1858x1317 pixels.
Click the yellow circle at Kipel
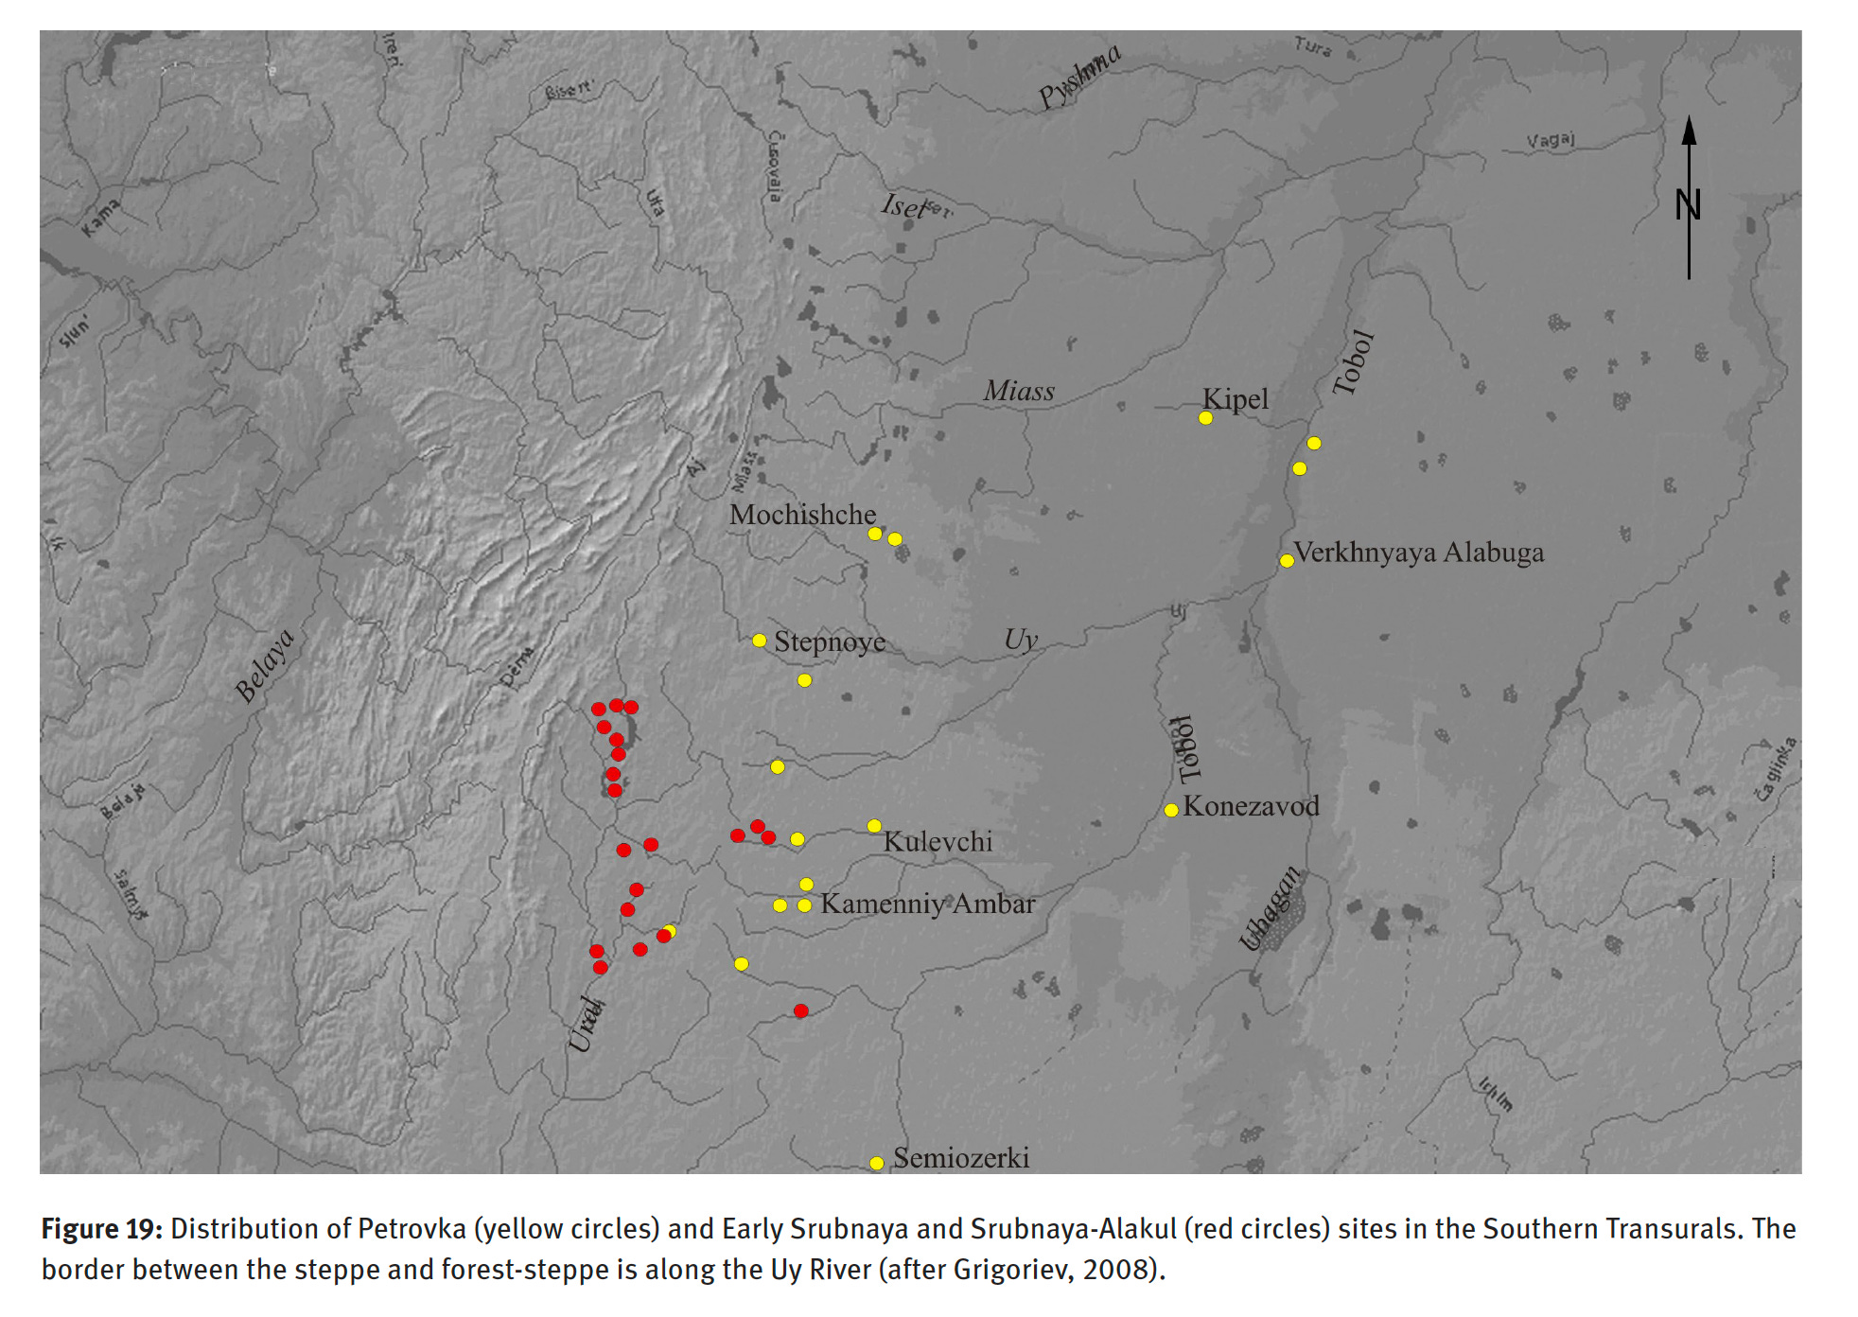(x=1205, y=418)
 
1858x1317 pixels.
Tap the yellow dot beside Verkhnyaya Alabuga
(x=1287, y=561)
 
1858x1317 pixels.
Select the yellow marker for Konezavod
(x=1171, y=810)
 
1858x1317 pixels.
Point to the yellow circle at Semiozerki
(x=877, y=1164)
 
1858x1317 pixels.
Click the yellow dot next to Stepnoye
(x=760, y=641)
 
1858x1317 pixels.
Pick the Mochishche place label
(x=802, y=515)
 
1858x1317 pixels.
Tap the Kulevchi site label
(x=938, y=841)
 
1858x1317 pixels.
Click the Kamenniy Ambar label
(x=927, y=904)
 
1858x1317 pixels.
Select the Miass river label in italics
(x=1019, y=391)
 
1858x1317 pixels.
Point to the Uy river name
(x=1021, y=641)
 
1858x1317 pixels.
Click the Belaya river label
(x=265, y=665)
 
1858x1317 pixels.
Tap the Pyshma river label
(x=1079, y=76)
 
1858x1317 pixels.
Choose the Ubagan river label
(x=1271, y=907)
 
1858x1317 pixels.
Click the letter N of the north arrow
(x=1689, y=204)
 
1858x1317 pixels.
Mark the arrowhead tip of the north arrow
(x=1689, y=117)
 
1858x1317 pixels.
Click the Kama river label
(x=100, y=219)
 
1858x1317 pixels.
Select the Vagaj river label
(x=1551, y=141)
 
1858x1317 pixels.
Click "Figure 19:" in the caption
(x=102, y=1229)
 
